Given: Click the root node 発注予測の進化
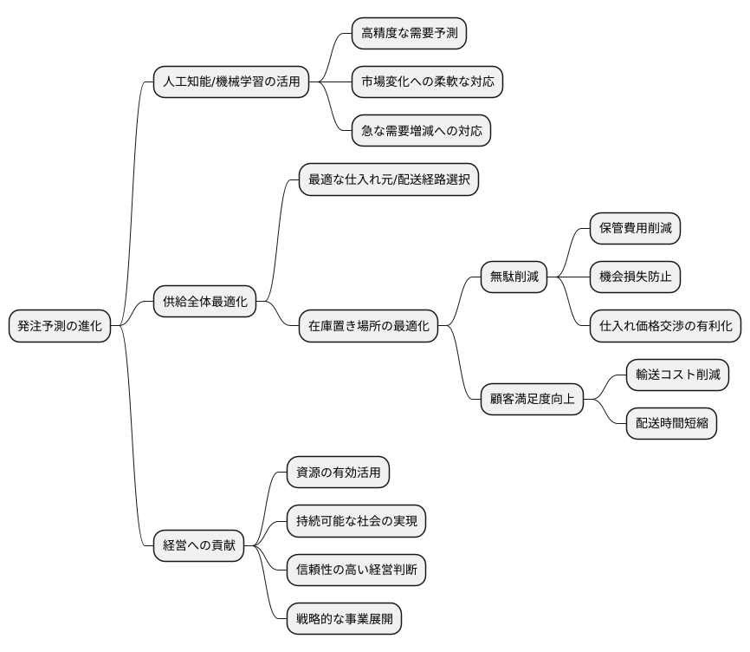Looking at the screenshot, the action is pyautogui.click(x=60, y=326).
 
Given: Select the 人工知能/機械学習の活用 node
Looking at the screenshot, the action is pyautogui.click(x=231, y=81).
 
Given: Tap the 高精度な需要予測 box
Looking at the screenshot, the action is pyautogui.click(x=409, y=33).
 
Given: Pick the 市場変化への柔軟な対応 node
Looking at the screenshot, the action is pyautogui.click(x=427, y=81).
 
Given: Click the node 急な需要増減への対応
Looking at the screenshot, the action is pyautogui.click(x=421, y=131).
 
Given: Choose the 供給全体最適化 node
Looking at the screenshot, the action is pyautogui.click(x=204, y=302).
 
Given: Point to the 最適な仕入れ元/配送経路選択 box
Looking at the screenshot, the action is pyautogui.click(x=388, y=179).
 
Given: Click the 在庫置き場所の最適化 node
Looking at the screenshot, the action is pyautogui.click(x=368, y=326).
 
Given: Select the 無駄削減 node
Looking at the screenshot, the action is pyautogui.click(x=514, y=277).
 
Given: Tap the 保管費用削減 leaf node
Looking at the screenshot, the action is pyautogui.click(x=635, y=228).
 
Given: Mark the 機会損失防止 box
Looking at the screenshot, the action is pyautogui.click(x=635, y=277).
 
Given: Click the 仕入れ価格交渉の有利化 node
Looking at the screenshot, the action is pyautogui.click(x=665, y=326).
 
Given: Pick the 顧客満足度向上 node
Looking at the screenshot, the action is pyautogui.click(x=532, y=399).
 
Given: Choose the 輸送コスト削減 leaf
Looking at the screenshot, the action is pyautogui.click(x=677, y=375).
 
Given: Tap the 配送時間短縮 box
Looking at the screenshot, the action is pyautogui.click(x=671, y=424).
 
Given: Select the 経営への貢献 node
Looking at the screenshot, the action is pyautogui.click(x=198, y=545).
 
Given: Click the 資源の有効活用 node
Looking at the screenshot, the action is pyautogui.click(x=338, y=473).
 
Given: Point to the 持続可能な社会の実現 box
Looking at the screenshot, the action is pyautogui.click(x=356, y=521).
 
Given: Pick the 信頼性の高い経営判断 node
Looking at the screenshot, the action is pyautogui.click(x=356, y=570).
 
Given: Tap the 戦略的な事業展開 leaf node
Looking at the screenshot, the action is pyautogui.click(x=344, y=619).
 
